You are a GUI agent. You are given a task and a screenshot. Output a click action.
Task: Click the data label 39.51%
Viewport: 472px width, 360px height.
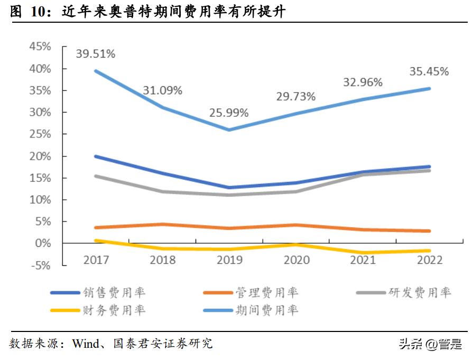pos(96,53)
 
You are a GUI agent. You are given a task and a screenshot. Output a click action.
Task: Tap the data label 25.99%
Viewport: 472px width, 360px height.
pos(229,113)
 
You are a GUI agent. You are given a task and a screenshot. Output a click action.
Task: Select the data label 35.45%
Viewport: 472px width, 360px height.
pos(429,71)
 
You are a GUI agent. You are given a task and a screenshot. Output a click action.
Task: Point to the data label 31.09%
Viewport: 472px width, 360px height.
pos(162,90)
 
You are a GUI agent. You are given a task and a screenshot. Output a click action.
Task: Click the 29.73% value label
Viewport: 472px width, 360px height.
pos(295,96)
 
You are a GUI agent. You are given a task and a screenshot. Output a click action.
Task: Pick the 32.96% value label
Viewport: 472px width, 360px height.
pos(363,82)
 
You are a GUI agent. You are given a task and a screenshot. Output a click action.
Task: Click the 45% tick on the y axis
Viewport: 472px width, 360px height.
pos(40,47)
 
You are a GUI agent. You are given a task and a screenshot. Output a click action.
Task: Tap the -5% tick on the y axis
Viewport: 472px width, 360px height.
pos(41,265)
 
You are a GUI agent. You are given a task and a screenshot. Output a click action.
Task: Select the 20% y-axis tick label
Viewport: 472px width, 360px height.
pos(40,156)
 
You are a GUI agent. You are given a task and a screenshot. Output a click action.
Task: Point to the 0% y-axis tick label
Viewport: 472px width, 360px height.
pos(43,244)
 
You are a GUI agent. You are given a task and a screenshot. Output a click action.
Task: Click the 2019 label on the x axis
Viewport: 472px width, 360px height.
pos(229,260)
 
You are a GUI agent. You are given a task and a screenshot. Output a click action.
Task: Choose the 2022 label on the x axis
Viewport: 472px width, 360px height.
pos(429,260)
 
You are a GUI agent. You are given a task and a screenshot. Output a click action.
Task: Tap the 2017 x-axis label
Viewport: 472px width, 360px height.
pos(96,260)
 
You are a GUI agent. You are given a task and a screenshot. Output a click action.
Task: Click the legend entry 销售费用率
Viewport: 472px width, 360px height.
pos(114,292)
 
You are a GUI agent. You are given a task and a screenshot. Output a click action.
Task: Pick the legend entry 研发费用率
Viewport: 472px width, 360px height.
pos(420,292)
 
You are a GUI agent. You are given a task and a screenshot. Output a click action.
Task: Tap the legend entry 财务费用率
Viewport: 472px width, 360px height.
pos(114,310)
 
